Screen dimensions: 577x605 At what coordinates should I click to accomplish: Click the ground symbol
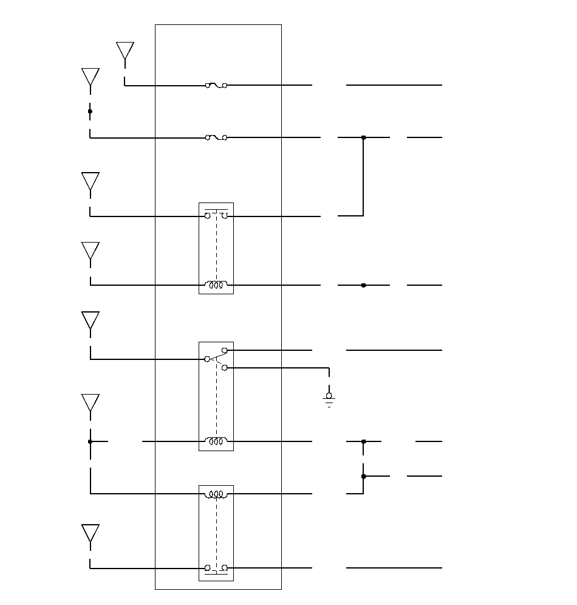[x=329, y=399]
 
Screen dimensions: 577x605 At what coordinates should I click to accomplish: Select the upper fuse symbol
[x=216, y=86]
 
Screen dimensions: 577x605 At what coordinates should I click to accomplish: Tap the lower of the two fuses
[x=216, y=138]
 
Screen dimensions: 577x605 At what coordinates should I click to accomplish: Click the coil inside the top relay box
[x=216, y=285]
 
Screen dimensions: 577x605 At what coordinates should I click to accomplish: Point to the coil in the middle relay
[x=216, y=441]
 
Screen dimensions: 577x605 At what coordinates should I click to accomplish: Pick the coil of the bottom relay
[x=216, y=494]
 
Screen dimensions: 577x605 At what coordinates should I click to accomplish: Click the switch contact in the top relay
[x=216, y=216]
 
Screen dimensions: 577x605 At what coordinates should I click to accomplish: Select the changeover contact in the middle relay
[x=216, y=359]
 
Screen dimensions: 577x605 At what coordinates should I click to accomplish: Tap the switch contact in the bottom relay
[x=216, y=568]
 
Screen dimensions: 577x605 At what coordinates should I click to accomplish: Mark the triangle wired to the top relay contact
[x=90, y=181]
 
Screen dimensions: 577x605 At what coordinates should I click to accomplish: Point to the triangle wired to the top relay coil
[x=90, y=251]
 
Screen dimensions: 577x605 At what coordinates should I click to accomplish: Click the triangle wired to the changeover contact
[x=90, y=320]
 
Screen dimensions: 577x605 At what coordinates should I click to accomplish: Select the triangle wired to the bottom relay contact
[x=90, y=533]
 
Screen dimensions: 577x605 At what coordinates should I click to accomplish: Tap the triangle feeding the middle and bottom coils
[x=90, y=403]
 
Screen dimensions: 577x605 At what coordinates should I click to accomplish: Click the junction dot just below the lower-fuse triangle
[x=90, y=111]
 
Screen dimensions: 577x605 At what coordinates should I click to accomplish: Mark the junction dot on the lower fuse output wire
[x=363, y=138]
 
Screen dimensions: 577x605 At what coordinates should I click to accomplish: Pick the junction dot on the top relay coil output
[x=363, y=285]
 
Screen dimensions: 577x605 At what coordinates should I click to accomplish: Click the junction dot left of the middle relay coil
[x=90, y=441]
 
